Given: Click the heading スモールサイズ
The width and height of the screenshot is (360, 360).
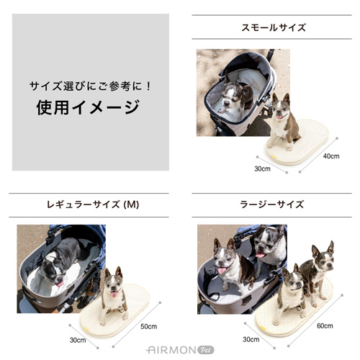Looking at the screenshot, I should pyautogui.click(x=273, y=27).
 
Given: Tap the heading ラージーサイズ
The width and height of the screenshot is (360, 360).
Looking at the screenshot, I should pyautogui.click(x=273, y=204).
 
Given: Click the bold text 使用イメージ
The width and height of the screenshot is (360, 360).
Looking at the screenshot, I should pyautogui.click(x=88, y=108).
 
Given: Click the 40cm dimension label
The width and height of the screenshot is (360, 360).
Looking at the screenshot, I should pyautogui.click(x=330, y=156).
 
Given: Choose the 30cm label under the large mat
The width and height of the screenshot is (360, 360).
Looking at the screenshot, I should pyautogui.click(x=251, y=339).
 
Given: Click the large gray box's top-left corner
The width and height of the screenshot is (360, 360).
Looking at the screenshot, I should pyautogui.click(x=13, y=14).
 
